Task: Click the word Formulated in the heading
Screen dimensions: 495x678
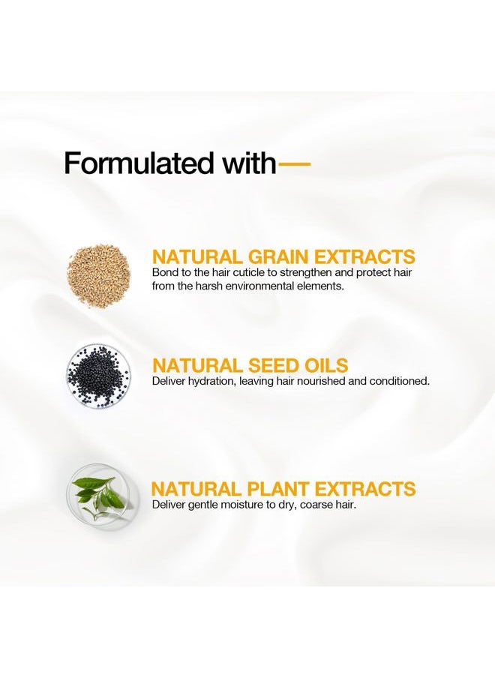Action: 139,163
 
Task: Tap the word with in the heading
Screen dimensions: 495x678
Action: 249,163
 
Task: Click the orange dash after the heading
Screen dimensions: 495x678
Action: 293,164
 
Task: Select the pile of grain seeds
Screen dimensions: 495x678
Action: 98,274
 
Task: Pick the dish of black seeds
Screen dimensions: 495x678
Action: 98,375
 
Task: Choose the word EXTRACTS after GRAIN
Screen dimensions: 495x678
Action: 364,256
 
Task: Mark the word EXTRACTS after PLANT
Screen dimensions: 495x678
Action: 364,489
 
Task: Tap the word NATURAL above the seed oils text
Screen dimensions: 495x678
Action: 197,365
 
